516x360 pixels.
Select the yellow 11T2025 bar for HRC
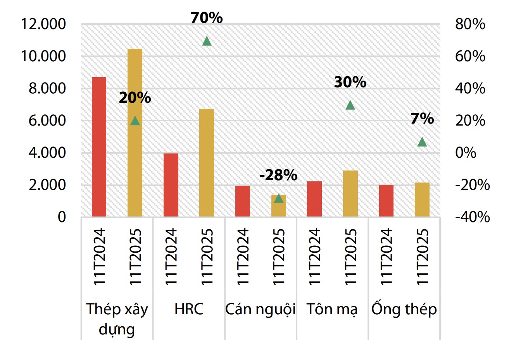click(207, 162)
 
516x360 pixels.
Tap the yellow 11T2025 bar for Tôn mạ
click(350, 193)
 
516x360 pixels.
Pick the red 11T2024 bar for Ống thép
click(386, 200)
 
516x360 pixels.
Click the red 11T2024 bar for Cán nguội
click(243, 201)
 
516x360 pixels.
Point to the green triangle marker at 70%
click(207, 41)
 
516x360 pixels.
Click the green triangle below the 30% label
click(350, 105)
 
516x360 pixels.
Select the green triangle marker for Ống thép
click(422, 142)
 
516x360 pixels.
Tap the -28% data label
click(278, 175)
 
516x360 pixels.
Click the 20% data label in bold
click(135, 98)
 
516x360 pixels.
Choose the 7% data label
click(422, 119)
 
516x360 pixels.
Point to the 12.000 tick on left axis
click(43, 24)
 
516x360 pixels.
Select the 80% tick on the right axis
click(470, 24)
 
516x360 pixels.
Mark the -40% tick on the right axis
click(472, 217)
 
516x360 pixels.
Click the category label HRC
click(189, 309)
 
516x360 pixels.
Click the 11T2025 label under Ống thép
click(422, 257)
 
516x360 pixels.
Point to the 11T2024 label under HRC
click(171, 257)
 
